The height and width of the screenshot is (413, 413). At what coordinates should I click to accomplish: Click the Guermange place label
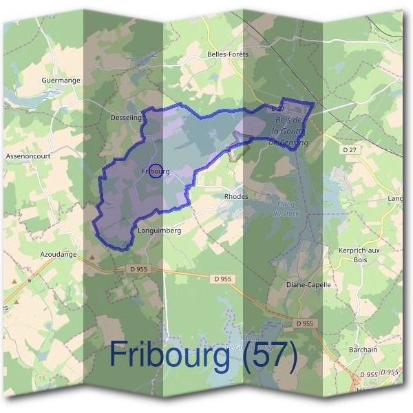point(61,81)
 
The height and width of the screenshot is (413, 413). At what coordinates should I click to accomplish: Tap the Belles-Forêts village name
point(226,54)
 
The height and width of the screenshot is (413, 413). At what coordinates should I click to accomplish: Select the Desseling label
point(125,118)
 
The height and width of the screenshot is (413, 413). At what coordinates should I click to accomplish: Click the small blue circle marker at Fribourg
point(156,171)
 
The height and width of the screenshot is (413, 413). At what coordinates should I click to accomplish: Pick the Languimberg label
point(159,231)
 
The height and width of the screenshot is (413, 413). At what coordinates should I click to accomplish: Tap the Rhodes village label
point(235,196)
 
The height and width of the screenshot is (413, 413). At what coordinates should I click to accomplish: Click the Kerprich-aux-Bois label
point(361,255)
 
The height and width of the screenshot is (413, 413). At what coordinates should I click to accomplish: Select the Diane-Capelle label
point(308,284)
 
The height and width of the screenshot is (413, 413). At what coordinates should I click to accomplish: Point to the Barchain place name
point(363,350)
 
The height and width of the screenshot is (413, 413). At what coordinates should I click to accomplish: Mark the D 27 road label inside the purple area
point(278,109)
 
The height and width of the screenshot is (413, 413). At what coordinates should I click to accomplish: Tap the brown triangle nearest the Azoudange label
point(92,257)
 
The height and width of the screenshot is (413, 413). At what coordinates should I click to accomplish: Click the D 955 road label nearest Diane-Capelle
point(304,323)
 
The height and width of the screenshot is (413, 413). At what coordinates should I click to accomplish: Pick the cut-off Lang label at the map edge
point(395,198)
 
